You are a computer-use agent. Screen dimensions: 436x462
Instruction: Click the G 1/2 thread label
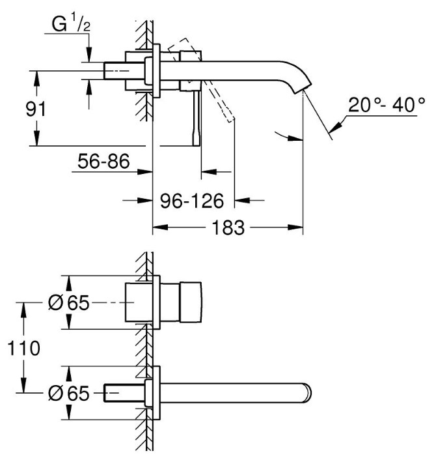coord(71,24)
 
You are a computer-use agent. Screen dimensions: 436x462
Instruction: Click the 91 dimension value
coord(36,109)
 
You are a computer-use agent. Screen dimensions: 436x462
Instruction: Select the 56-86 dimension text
coord(103,161)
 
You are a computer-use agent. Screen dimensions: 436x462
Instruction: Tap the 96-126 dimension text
coord(192,201)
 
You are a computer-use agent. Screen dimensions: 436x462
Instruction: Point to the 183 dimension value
coord(228,228)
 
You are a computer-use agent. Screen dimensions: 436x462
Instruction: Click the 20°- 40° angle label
coord(387,105)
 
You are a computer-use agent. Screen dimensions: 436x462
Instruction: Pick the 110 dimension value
coord(23,348)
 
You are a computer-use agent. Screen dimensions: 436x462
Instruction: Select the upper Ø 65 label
coord(68,302)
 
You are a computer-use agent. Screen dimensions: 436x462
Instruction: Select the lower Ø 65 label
coord(68,393)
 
